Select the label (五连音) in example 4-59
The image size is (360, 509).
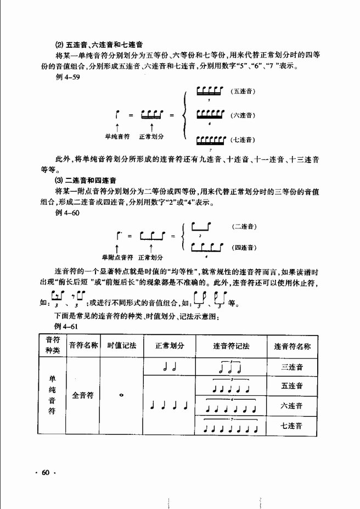(244, 91)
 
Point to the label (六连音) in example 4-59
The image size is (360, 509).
(244, 115)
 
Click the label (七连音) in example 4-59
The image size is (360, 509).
(244, 139)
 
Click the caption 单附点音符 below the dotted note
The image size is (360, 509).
(117, 256)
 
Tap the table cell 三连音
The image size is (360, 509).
(292, 367)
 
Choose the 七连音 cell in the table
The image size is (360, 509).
(292, 425)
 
